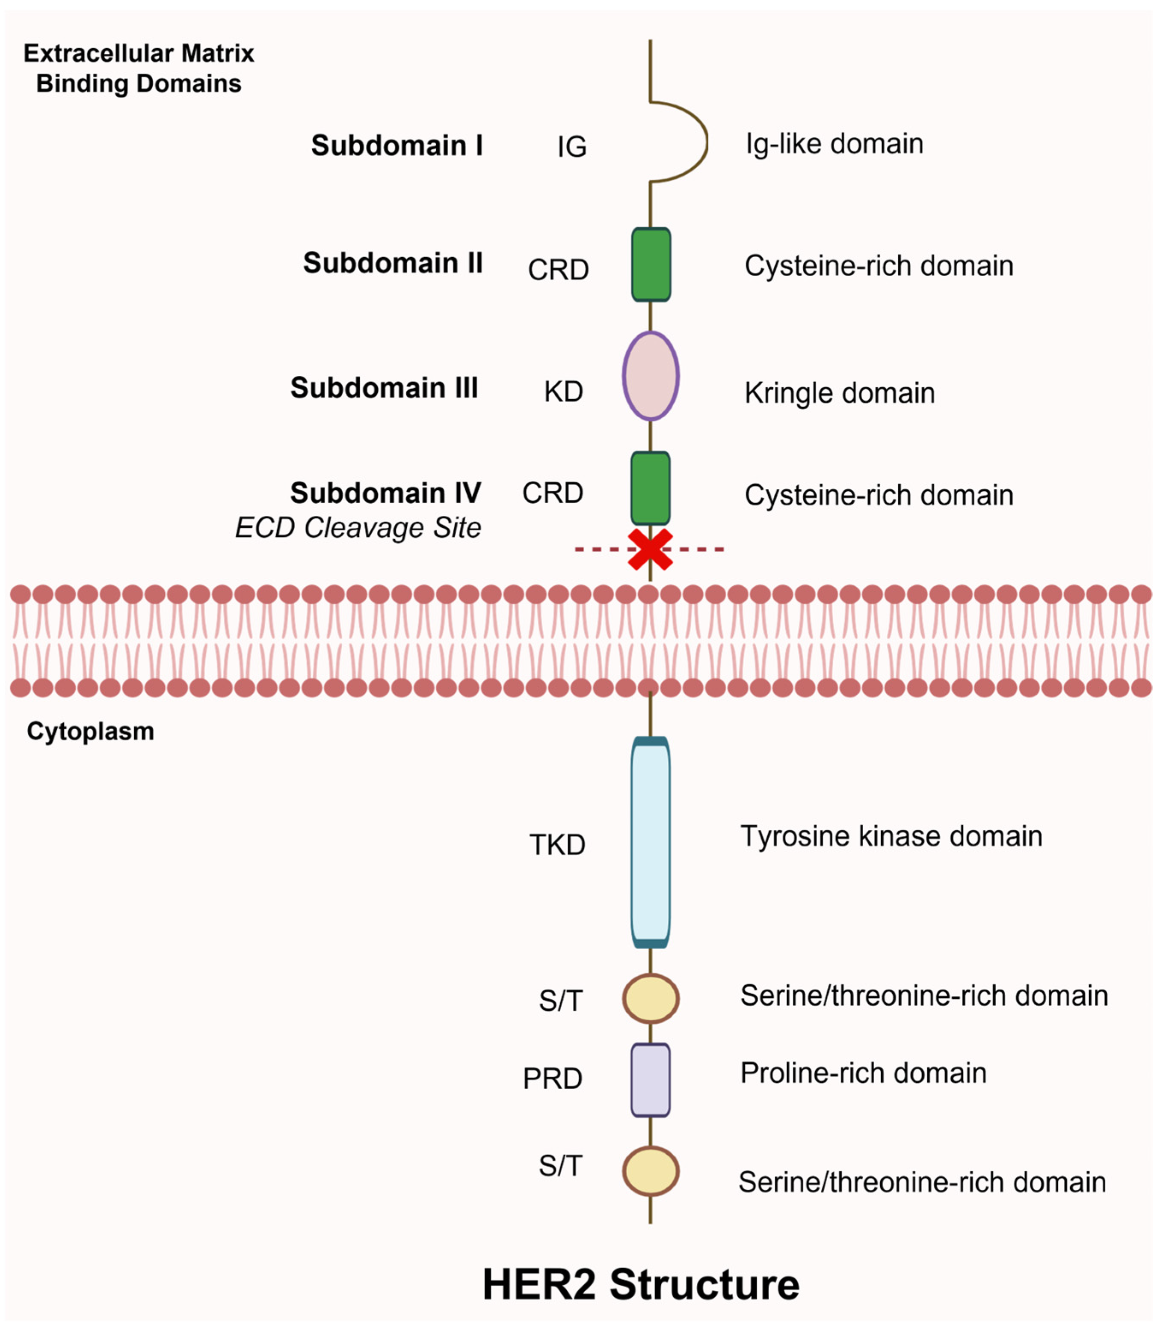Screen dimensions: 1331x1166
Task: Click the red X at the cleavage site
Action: tap(650, 550)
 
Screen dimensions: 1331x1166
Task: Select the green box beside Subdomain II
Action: tap(651, 264)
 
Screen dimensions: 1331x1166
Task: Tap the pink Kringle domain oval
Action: tap(651, 376)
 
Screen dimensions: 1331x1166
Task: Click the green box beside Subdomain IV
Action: tap(650, 488)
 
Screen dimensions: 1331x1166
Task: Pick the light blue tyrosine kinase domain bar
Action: tap(650, 842)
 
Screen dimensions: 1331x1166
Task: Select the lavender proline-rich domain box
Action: tap(650, 1080)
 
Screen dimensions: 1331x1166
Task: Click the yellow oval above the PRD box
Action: tap(651, 998)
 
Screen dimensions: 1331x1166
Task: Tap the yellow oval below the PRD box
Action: tap(651, 1171)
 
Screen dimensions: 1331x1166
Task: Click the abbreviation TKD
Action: tap(557, 845)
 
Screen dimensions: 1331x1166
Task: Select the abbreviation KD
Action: tap(563, 392)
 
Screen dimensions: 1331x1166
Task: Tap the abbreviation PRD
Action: tap(553, 1078)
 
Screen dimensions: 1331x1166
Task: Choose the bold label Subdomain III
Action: tap(384, 388)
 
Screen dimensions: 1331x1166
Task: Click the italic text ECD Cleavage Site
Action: tap(358, 527)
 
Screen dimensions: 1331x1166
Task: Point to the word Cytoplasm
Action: tap(90, 731)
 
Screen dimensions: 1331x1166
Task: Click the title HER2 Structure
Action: tap(640, 1284)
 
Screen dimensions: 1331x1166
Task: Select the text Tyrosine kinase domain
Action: tap(891, 836)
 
